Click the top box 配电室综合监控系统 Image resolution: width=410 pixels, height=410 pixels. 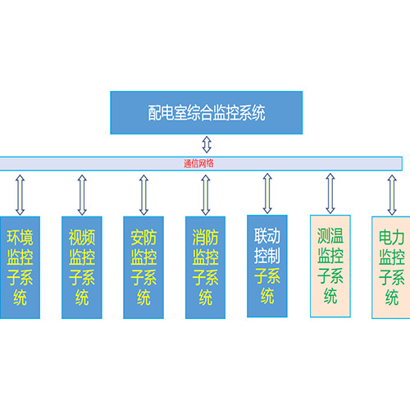click(207, 112)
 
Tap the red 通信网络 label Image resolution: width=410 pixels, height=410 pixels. click(198, 163)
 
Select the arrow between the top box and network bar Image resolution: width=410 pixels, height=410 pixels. click(207, 144)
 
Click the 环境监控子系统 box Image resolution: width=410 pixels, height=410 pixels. click(20, 267)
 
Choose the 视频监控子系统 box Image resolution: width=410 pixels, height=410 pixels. click(82, 267)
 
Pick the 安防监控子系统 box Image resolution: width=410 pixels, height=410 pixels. click(143, 267)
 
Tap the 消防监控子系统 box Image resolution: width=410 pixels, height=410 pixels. click(205, 267)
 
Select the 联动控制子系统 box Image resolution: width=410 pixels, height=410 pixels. click(267, 266)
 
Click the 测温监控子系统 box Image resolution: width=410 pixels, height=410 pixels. click(330, 266)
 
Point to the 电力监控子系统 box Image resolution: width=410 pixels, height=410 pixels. click(391, 267)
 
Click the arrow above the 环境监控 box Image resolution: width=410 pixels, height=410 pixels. click(20, 195)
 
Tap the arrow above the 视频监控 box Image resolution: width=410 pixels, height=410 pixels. click(82, 195)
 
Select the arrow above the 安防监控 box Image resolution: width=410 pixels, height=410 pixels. click(143, 195)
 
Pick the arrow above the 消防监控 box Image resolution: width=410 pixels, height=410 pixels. click(206, 195)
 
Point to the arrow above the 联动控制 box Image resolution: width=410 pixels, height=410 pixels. click(267, 194)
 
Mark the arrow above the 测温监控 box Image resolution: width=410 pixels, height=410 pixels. click(330, 194)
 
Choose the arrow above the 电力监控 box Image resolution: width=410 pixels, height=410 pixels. click(392, 195)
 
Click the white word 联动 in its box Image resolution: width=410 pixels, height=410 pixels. click(267, 235)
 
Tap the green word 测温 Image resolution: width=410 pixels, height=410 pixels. click(330, 235)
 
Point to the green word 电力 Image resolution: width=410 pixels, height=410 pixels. click(391, 237)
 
